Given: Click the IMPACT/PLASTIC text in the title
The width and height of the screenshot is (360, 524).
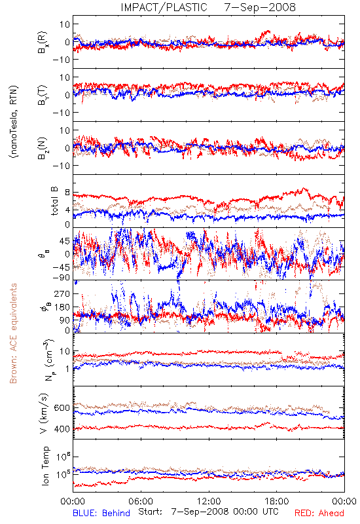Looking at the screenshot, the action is tap(164, 7).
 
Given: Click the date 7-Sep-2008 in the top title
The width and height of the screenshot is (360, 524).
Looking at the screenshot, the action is tap(260, 7).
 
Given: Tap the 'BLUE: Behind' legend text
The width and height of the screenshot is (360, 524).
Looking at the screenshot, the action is tap(101, 513).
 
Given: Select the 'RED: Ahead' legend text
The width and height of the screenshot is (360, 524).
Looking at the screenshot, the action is tap(319, 513).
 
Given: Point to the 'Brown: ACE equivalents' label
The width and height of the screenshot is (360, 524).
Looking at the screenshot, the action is tap(13, 333).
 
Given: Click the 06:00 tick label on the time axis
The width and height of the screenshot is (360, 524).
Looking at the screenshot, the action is tap(141, 501).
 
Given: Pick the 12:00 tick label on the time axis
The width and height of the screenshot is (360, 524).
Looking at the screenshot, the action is tap(209, 501).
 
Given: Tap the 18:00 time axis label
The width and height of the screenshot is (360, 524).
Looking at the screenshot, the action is tap(277, 501).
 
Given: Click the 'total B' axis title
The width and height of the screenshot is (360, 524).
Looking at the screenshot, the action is tap(54, 201).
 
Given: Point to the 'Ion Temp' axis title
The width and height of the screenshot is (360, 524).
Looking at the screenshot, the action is tap(45, 466).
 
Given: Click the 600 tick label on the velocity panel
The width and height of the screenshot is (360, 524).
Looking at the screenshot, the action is tap(62, 407).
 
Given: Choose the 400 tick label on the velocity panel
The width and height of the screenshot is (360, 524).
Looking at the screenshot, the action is tap(62, 429).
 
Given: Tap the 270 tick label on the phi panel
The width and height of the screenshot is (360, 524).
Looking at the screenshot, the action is tap(62, 293).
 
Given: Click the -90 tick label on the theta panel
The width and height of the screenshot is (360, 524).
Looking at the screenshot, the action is tap(61, 278).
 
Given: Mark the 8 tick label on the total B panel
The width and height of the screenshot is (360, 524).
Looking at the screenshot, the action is tap(67, 193).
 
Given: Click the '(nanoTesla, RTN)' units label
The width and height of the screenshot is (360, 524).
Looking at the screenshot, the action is tap(14, 122).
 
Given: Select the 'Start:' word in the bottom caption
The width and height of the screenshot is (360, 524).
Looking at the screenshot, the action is tap(151, 512).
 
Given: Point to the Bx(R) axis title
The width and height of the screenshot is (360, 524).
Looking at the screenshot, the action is tap(43, 42).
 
